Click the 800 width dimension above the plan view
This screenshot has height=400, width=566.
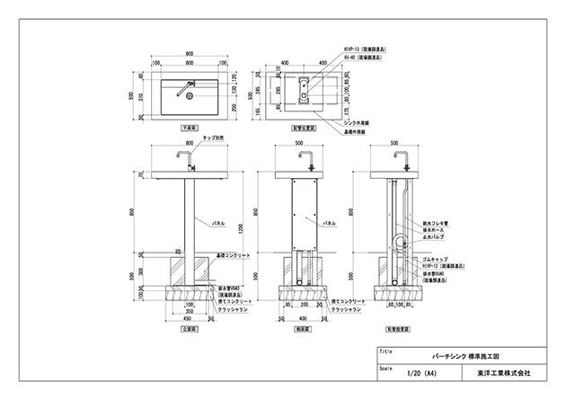point(190,53)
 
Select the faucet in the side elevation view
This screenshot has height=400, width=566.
point(305,162)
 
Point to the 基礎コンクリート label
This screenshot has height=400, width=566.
point(235,256)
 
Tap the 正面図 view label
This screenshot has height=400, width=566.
point(190,330)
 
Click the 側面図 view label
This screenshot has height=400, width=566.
point(305,330)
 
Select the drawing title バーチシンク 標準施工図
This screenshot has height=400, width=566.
point(458,356)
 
